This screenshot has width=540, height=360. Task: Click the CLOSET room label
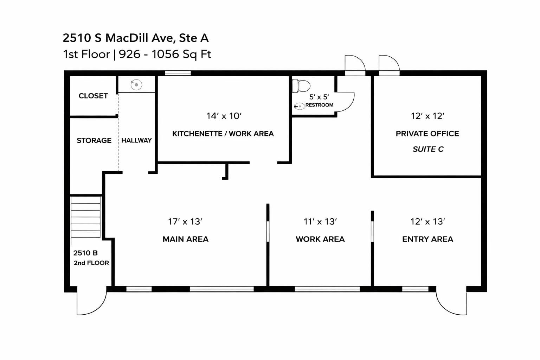point(93,96)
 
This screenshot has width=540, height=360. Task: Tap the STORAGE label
point(94,140)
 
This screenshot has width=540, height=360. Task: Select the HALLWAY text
point(136,140)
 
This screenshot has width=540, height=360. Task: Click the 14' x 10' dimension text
point(224,116)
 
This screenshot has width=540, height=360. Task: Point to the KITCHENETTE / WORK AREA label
point(223,134)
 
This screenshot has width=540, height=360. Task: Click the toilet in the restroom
point(302,86)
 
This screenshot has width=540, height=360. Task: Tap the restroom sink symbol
point(299,106)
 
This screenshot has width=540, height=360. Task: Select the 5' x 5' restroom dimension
point(319,97)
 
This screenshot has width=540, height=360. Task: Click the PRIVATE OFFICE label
point(427,134)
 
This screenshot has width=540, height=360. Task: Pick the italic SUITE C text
point(428,149)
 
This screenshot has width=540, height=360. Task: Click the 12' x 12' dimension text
point(427,116)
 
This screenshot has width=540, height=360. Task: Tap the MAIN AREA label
point(185,239)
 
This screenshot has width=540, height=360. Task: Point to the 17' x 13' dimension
point(185,221)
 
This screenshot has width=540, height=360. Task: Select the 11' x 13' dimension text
point(320,221)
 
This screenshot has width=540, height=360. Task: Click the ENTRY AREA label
point(427,239)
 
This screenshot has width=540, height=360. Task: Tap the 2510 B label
point(85,253)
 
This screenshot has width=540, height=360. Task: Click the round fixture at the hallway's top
point(136,85)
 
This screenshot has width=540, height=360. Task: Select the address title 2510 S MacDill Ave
point(136,38)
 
